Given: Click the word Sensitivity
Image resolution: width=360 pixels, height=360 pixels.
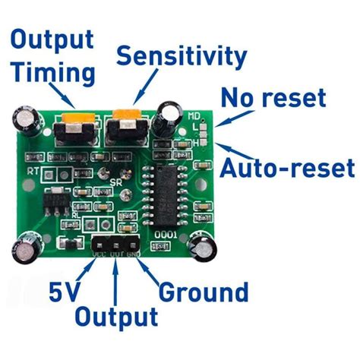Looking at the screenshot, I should click(182, 56).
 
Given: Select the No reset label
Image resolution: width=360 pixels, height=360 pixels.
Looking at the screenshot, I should click(273, 97).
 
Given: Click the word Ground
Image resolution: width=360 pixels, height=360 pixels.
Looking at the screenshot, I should click(203, 292).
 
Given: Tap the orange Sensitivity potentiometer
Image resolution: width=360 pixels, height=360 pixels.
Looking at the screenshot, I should click(125, 120).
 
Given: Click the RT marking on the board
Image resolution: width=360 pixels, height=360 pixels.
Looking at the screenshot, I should click(33, 172).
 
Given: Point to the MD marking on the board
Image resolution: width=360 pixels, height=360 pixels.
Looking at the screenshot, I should click(194, 115).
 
